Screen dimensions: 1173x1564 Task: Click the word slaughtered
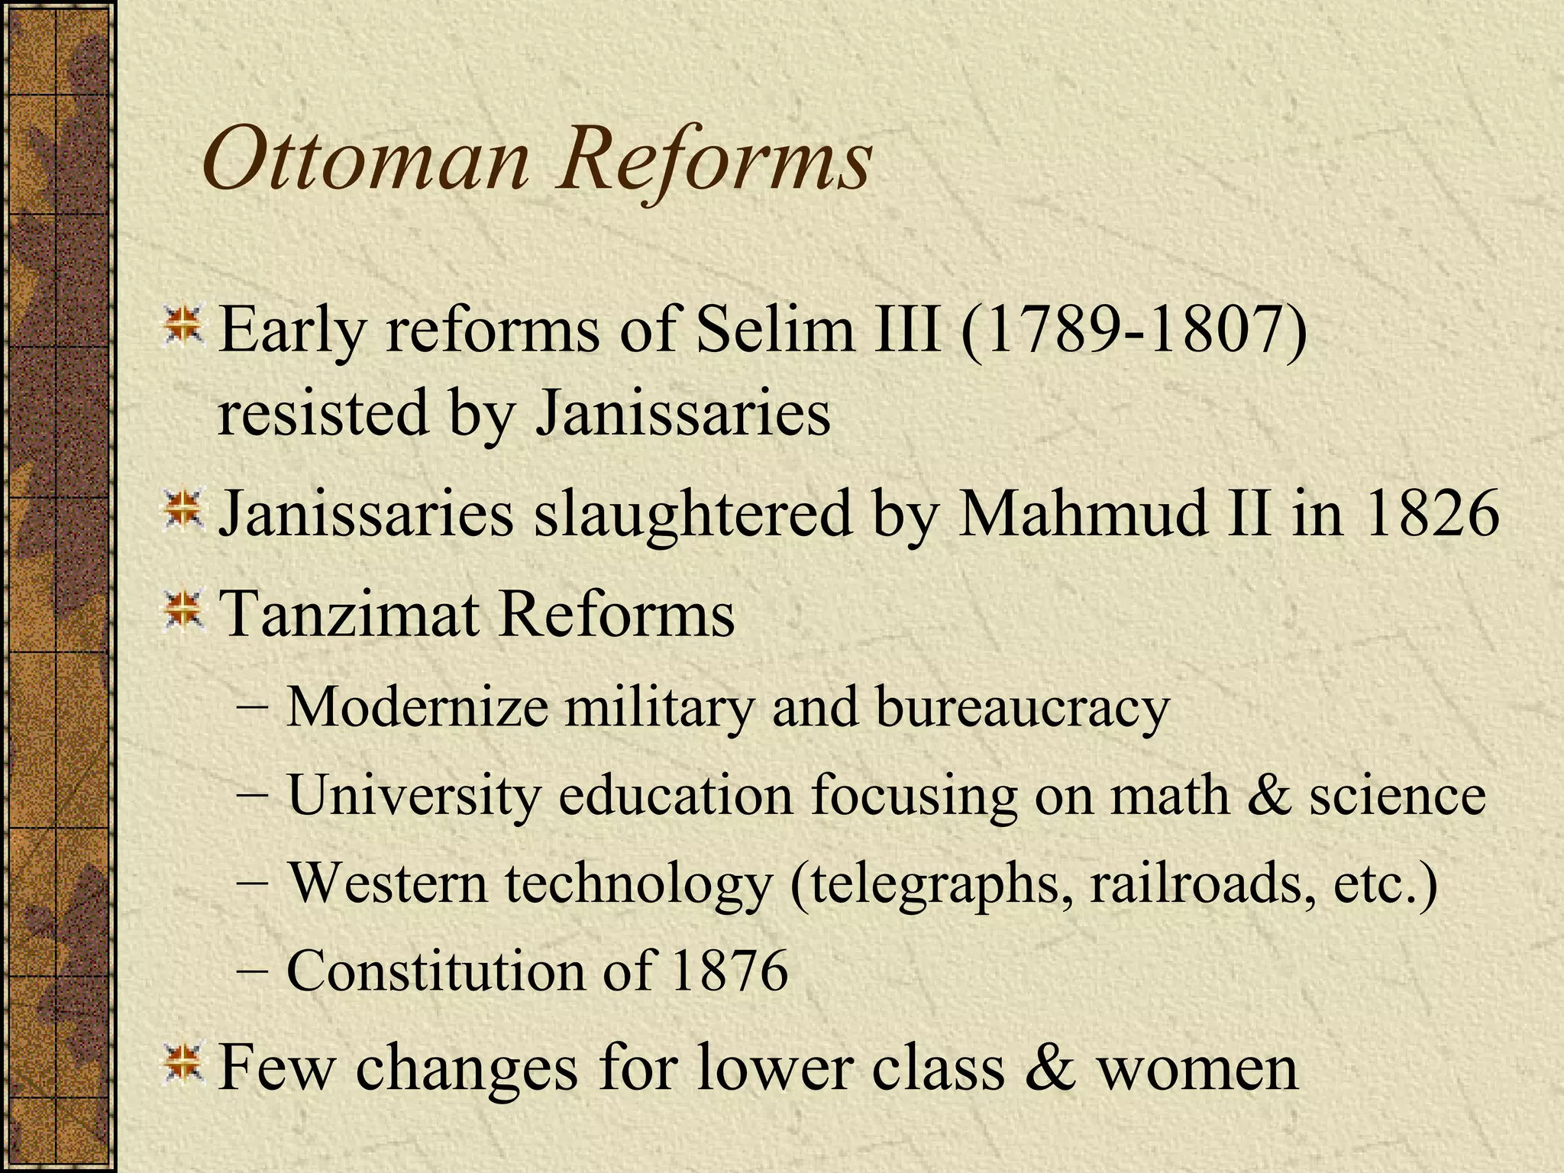(692, 515)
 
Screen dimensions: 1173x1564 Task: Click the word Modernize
(417, 706)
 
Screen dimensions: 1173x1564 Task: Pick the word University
(413, 795)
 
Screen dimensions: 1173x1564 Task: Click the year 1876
(729, 971)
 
